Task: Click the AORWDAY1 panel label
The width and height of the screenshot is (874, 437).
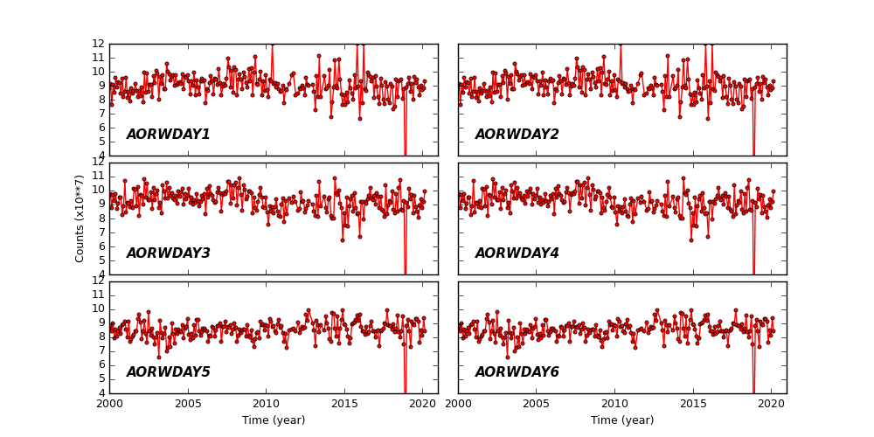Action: [168, 135]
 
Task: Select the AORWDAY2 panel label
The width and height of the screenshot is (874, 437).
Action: [517, 135]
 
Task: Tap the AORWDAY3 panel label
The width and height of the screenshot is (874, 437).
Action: [168, 253]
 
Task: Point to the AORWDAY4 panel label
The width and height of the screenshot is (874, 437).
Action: [517, 253]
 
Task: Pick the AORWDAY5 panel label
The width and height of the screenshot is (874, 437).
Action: [168, 372]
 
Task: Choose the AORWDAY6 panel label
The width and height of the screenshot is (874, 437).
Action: [517, 372]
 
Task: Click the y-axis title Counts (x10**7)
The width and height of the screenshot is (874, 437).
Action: [80, 218]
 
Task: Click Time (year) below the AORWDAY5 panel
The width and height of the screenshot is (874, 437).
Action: [274, 420]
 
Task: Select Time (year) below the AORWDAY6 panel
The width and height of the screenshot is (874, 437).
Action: [622, 420]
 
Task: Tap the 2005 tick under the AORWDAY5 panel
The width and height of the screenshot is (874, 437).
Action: [188, 404]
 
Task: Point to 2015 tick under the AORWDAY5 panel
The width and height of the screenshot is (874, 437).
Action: [344, 404]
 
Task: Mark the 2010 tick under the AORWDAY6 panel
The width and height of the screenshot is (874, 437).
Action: [614, 404]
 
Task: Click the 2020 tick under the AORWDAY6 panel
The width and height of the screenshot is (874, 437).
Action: [771, 404]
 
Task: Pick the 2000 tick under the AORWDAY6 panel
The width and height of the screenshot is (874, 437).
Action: [459, 404]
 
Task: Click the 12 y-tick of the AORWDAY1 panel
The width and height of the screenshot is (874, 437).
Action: [100, 44]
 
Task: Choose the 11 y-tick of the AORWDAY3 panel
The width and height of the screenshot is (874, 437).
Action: [100, 177]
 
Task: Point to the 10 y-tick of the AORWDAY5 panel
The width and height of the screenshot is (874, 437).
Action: [100, 309]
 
